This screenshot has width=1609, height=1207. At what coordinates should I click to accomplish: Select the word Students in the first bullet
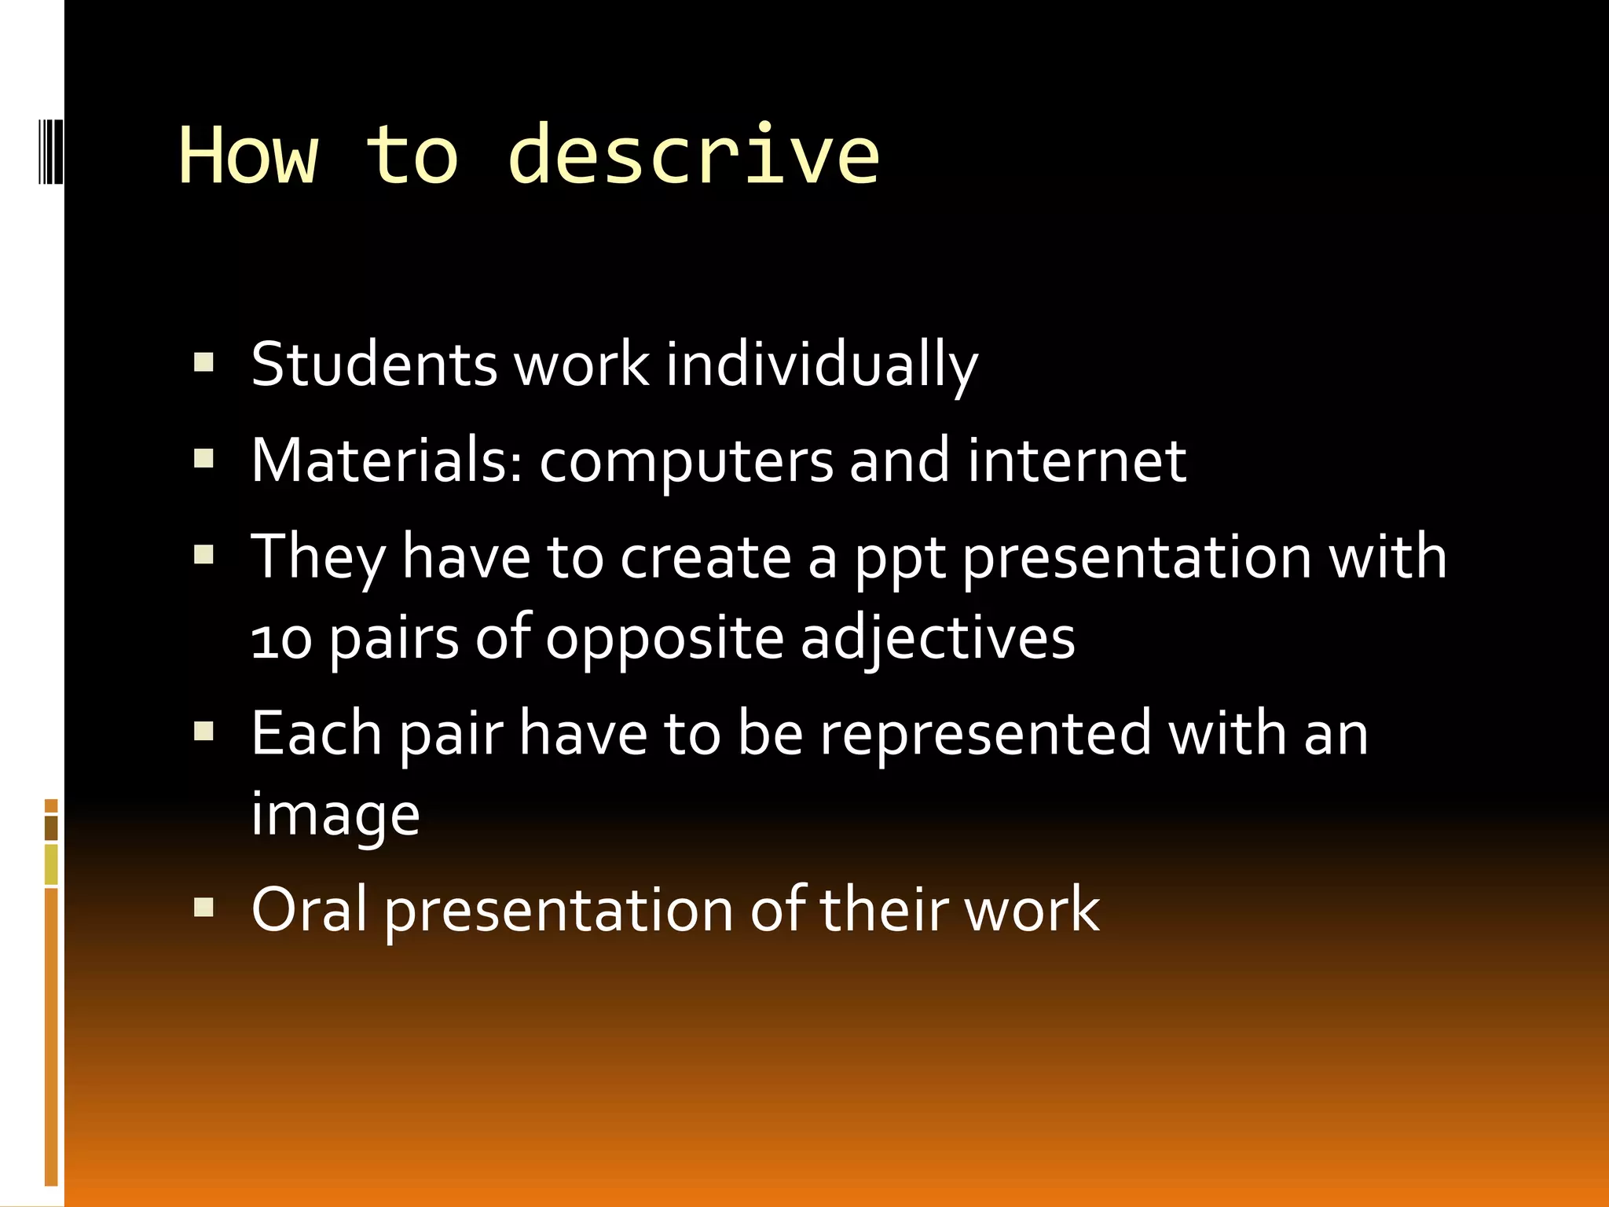374,364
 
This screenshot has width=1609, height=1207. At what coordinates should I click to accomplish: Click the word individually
822,365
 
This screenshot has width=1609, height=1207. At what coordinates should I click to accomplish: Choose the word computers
686,462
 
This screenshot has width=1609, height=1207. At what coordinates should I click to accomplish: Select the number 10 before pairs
281,639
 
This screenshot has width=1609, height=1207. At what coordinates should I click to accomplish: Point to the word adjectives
937,639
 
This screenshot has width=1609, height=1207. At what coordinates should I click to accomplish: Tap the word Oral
309,909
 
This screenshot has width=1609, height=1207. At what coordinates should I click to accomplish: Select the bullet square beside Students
203,362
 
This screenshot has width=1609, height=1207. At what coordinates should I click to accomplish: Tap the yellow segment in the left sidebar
51,864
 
